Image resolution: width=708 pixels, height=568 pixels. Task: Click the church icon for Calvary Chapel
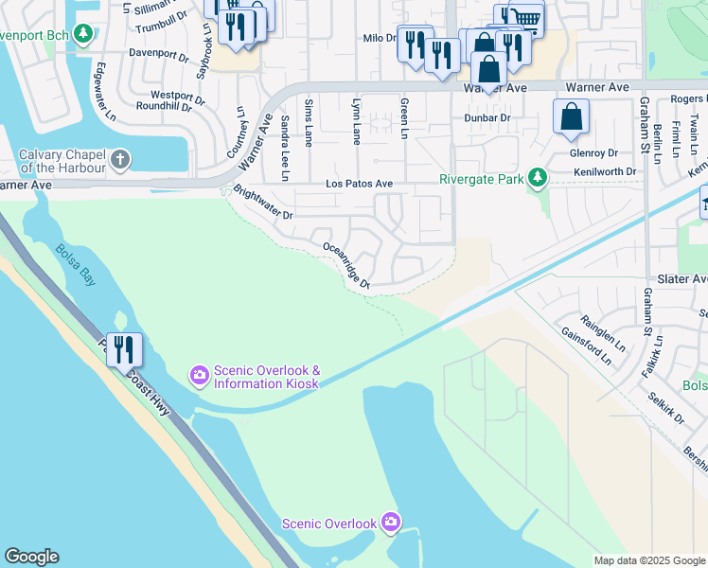click(120, 159)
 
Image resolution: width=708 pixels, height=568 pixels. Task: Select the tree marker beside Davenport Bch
click(84, 35)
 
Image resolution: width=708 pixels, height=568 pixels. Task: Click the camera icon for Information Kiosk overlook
click(199, 376)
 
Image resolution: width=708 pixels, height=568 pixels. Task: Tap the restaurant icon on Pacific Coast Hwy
click(124, 349)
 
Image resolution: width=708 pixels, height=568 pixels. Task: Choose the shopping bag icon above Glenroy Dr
click(571, 117)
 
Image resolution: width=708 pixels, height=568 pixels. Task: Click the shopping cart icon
click(524, 18)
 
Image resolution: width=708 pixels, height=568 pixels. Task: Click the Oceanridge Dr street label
click(345, 264)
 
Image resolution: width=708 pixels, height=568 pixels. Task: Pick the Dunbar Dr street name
click(487, 118)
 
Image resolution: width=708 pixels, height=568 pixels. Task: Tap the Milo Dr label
click(379, 38)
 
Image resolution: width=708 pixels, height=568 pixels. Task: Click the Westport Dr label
click(177, 96)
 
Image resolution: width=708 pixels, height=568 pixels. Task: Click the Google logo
click(31, 557)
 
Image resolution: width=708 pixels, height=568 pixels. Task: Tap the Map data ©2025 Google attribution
click(648, 560)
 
